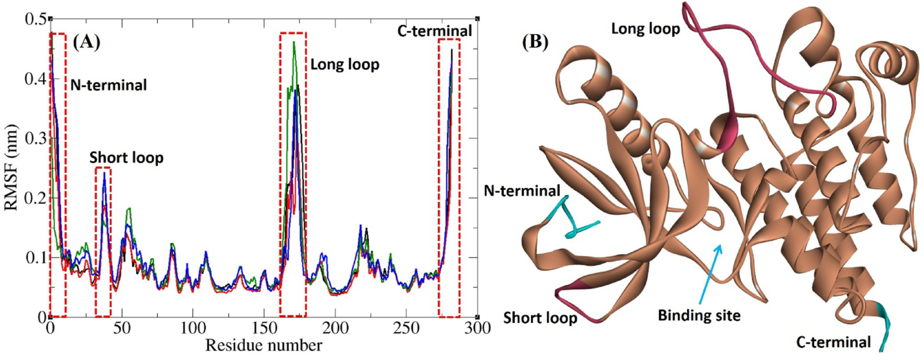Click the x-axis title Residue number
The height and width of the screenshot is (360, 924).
click(x=264, y=345)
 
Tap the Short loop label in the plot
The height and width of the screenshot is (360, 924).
click(x=126, y=158)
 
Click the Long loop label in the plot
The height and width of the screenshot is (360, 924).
click(x=344, y=65)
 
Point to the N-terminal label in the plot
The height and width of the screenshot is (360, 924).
click(x=108, y=85)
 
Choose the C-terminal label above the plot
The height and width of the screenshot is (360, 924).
click(x=434, y=31)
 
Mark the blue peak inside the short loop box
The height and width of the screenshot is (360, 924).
click(x=104, y=173)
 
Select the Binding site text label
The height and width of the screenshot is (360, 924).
click(x=699, y=316)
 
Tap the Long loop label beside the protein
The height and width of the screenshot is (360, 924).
click(x=645, y=29)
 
